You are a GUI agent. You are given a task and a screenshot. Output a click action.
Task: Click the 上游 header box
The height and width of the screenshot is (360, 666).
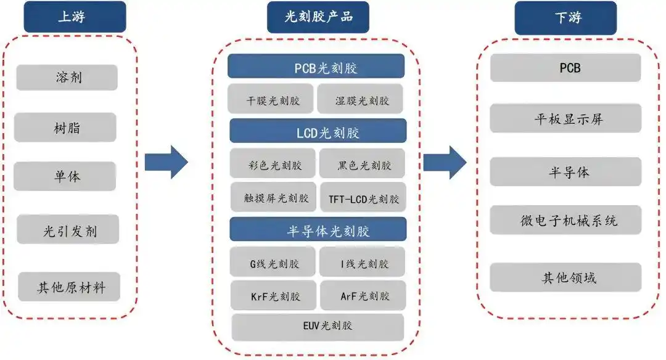(x=74, y=17)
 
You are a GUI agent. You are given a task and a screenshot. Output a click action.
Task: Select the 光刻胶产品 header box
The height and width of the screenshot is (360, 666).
(x=318, y=17)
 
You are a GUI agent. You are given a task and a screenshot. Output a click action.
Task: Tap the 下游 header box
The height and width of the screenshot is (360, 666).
(x=565, y=17)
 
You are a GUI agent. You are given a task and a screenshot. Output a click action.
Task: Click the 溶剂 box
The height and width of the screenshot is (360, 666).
(x=67, y=78)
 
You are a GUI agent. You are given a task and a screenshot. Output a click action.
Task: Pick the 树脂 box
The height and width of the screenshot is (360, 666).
(x=65, y=128)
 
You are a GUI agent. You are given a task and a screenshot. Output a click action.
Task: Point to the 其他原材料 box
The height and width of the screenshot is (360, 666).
(x=68, y=287)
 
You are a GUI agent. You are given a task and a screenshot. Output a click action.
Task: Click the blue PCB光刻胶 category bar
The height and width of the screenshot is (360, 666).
(x=316, y=67)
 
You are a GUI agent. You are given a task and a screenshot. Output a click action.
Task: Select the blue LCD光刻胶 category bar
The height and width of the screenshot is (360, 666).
(x=318, y=131)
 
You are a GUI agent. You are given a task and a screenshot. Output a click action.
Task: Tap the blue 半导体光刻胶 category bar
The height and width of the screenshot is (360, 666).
(x=318, y=230)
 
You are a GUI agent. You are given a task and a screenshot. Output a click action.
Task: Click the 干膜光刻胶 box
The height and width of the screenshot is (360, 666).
(x=271, y=100)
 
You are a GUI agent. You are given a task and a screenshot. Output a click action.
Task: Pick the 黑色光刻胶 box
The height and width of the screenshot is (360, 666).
(x=363, y=165)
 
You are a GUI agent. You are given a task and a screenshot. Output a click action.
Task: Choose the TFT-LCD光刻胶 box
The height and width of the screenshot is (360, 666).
(x=363, y=198)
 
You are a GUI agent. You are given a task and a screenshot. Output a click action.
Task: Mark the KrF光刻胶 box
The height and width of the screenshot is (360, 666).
(x=274, y=295)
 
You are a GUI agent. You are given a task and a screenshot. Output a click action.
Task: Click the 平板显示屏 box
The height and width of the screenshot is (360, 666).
(x=565, y=119)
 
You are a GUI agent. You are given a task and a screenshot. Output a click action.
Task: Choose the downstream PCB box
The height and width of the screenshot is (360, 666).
(x=565, y=68)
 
